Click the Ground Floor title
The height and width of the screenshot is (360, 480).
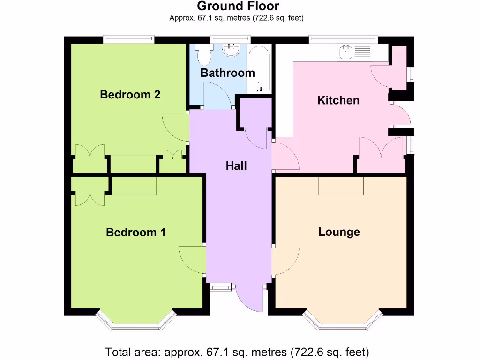238,7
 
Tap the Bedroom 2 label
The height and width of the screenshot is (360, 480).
130,95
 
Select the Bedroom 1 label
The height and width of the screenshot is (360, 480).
136,232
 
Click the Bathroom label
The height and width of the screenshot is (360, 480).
227,73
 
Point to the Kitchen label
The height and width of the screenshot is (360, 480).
338,100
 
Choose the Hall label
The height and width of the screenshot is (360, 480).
236,165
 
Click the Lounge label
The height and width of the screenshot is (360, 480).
339,232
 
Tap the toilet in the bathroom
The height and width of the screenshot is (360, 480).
204,54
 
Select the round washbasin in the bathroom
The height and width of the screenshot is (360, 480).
231,50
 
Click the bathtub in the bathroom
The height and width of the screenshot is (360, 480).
258,68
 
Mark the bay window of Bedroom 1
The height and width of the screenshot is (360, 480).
136,321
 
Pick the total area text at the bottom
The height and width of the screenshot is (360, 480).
237,351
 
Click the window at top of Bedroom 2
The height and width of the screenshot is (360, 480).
129,40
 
